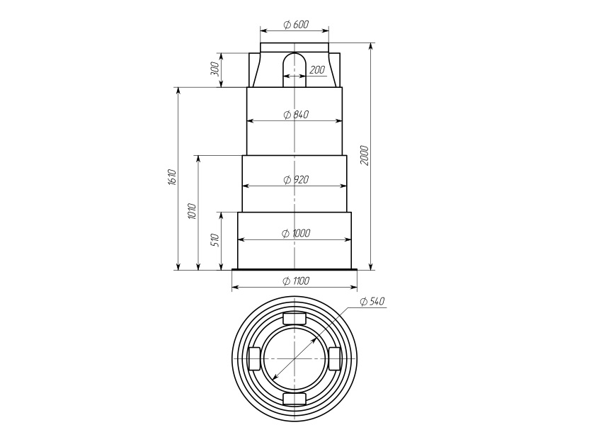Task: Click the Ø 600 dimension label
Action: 296,24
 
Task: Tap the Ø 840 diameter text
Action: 296,114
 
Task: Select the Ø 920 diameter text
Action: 296,180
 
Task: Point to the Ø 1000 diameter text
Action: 296,234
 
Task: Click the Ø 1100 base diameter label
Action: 296,280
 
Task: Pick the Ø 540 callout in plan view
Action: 372,302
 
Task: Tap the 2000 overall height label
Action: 365,155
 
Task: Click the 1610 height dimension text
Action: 172,177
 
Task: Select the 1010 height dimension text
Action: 192,212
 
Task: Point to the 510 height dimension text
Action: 215,240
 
